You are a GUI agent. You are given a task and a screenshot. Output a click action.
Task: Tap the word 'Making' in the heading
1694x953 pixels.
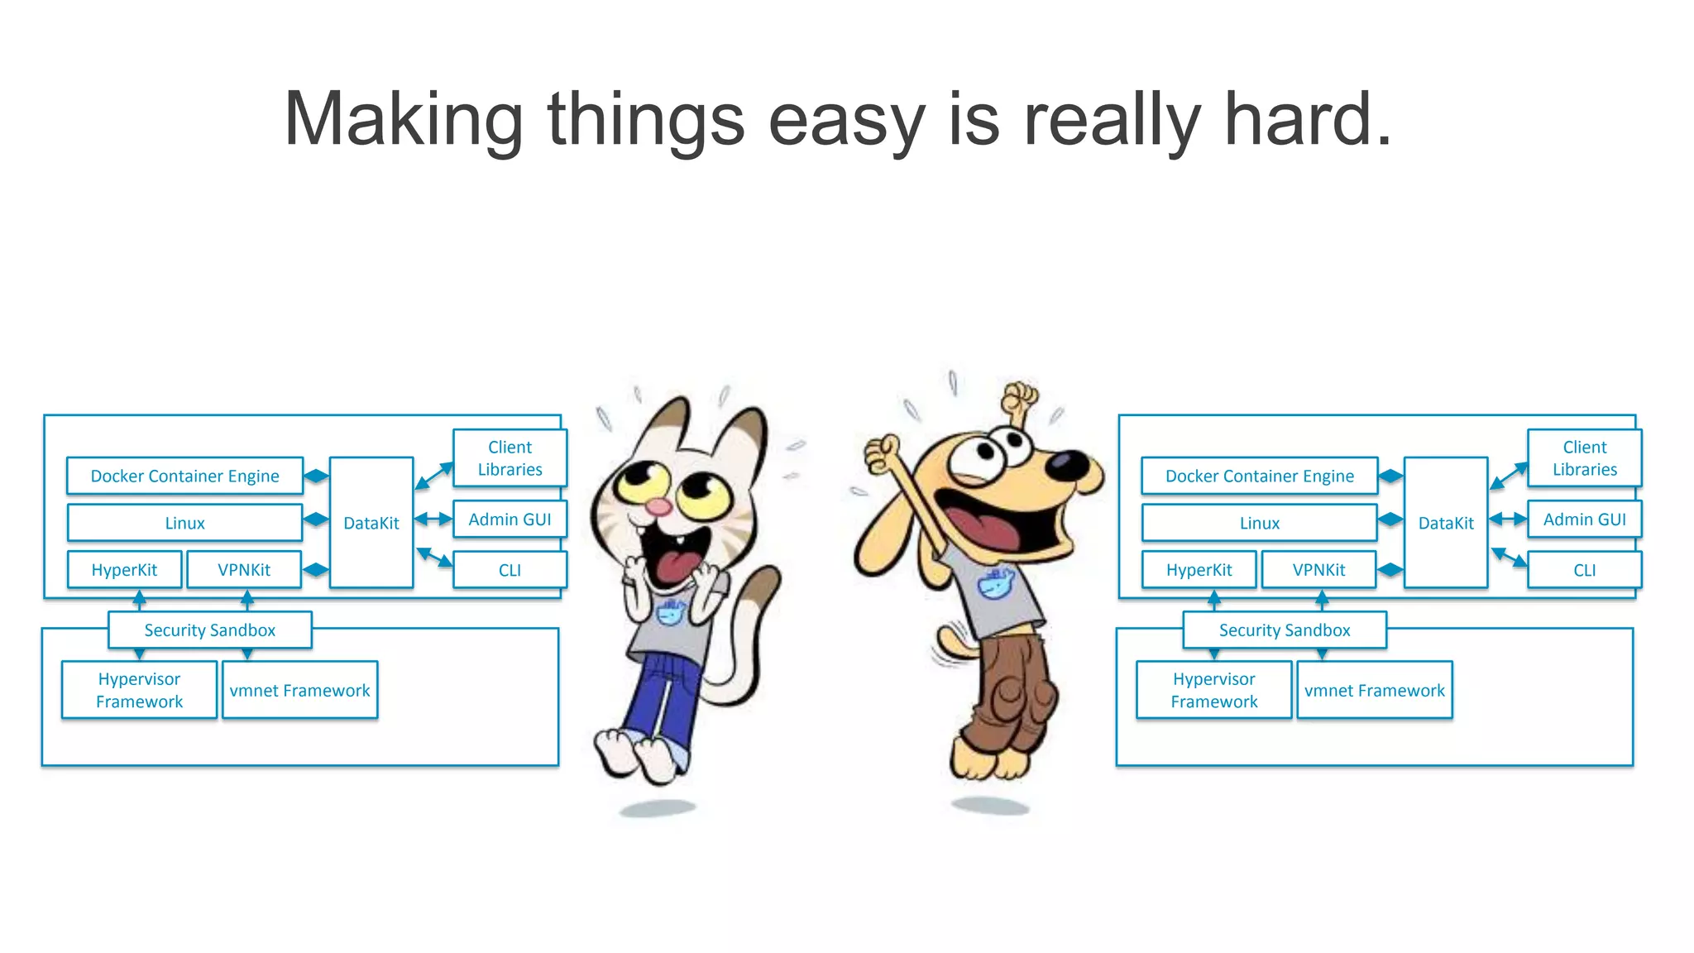point(403,120)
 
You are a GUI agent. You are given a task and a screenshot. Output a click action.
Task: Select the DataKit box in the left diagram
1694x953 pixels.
point(371,523)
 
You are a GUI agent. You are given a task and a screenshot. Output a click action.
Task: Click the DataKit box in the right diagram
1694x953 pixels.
point(1445,523)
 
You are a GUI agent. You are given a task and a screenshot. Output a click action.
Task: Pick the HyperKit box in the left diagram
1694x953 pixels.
point(124,570)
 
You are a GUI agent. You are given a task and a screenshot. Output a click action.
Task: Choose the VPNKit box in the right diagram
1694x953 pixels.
point(1318,570)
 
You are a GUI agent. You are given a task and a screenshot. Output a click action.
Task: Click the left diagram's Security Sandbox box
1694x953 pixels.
point(209,630)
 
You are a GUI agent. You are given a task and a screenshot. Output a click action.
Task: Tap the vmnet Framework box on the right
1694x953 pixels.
point(1374,691)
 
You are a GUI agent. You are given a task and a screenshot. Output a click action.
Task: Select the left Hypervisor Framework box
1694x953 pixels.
point(139,690)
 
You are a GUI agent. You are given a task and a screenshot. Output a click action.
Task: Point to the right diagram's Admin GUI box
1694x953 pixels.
point(1584,520)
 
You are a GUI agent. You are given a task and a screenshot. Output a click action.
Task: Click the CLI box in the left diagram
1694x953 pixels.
point(510,570)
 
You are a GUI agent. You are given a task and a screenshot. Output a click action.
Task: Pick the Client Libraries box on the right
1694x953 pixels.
point(1584,458)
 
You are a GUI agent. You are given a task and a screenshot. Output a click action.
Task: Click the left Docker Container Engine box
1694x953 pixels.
point(184,476)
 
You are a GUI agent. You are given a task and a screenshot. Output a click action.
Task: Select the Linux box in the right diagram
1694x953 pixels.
point(1259,523)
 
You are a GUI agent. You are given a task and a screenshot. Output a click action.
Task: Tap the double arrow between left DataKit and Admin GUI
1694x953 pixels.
point(433,520)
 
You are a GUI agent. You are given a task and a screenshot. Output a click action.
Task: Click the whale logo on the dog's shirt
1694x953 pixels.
point(995,582)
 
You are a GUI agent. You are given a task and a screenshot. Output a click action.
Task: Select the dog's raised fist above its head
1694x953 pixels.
point(1020,398)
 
